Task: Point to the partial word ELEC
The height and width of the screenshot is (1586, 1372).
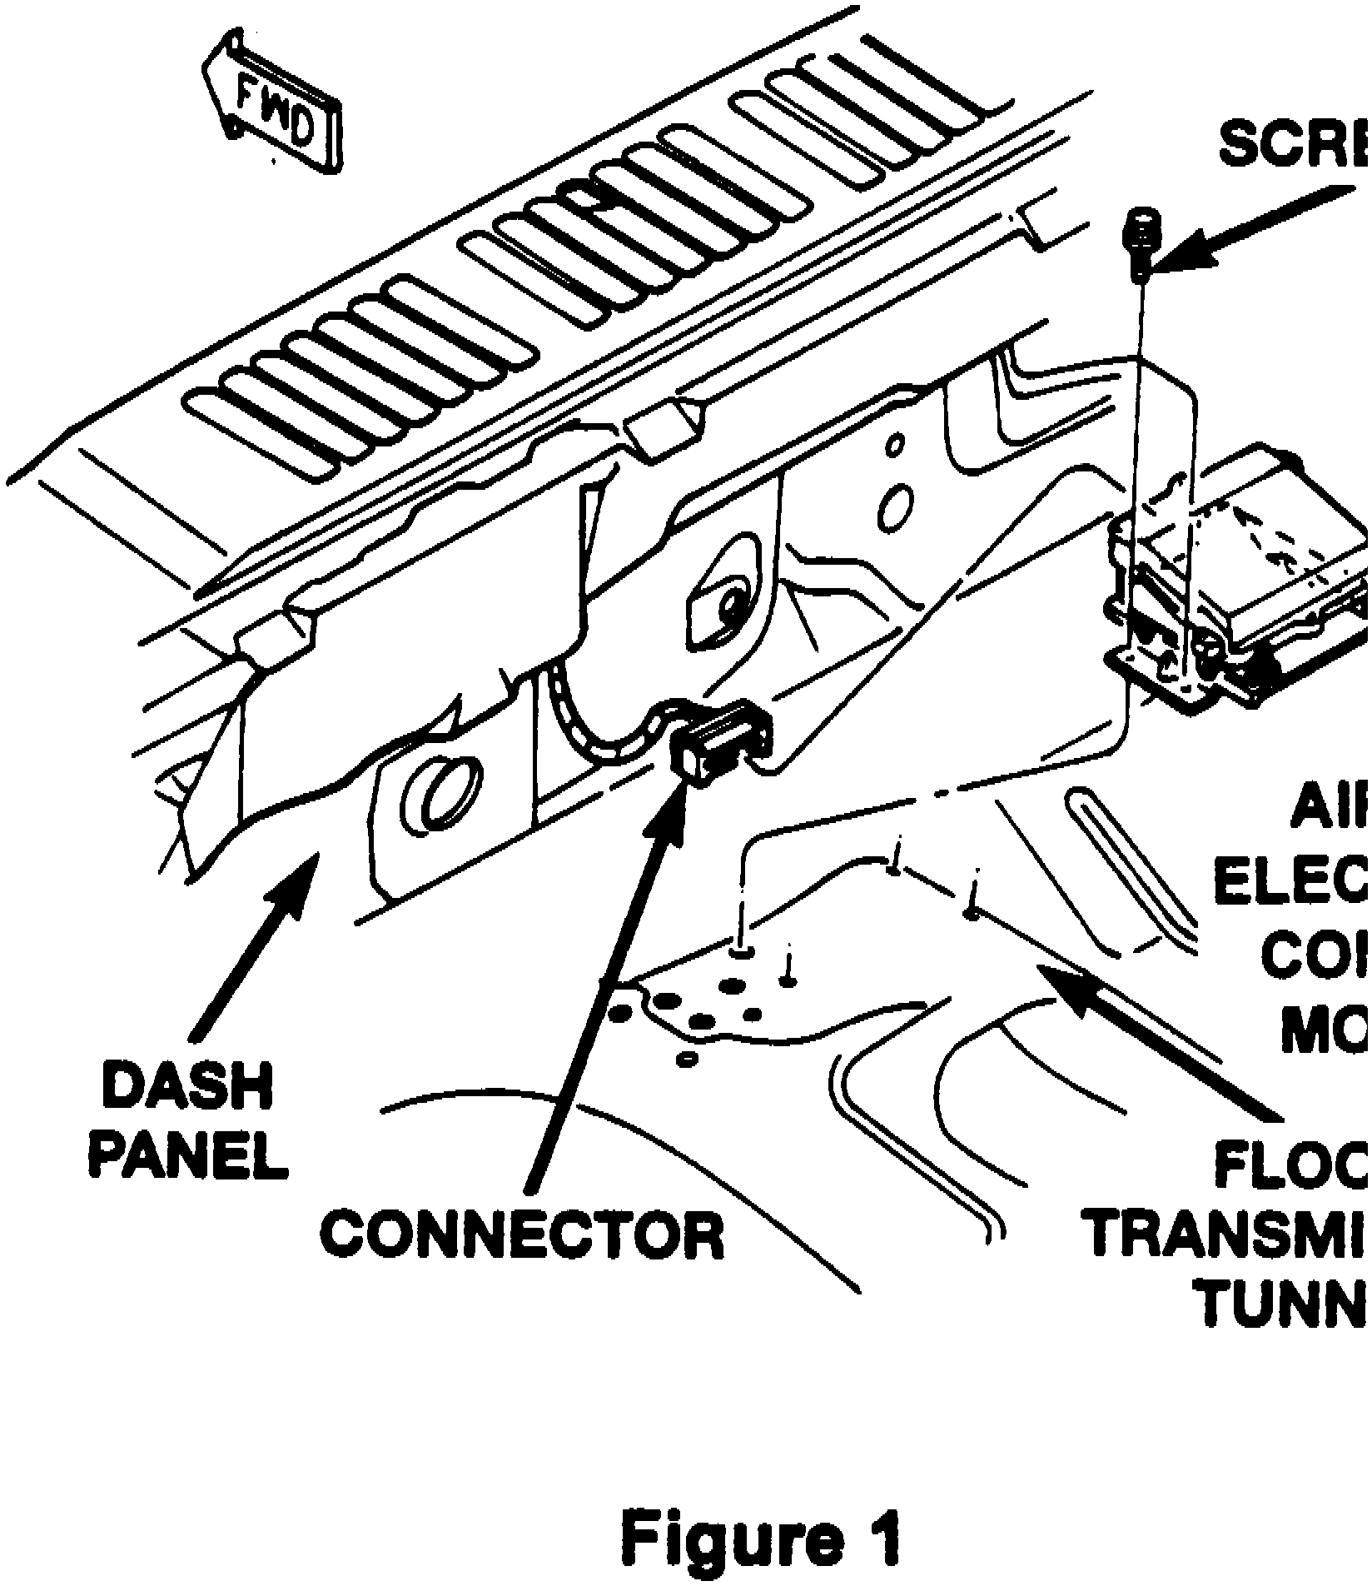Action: click(x=1290, y=883)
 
